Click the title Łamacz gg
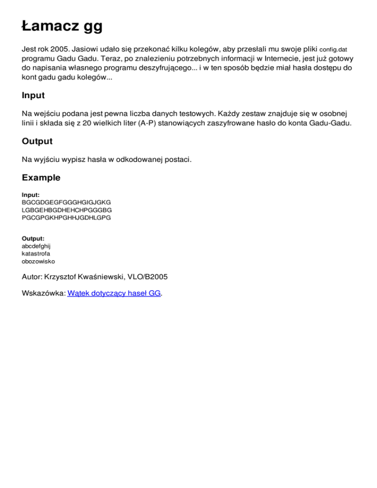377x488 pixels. [62, 26]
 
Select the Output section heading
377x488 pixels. [37, 141]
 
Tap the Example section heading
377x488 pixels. [41, 178]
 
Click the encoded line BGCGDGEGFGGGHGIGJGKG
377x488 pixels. [67, 202]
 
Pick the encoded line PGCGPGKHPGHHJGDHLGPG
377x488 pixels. [67, 217]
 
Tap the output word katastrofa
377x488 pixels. [36, 254]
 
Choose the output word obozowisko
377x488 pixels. [39, 262]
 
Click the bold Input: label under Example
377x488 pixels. [31, 195]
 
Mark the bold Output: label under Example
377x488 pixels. [33, 239]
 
